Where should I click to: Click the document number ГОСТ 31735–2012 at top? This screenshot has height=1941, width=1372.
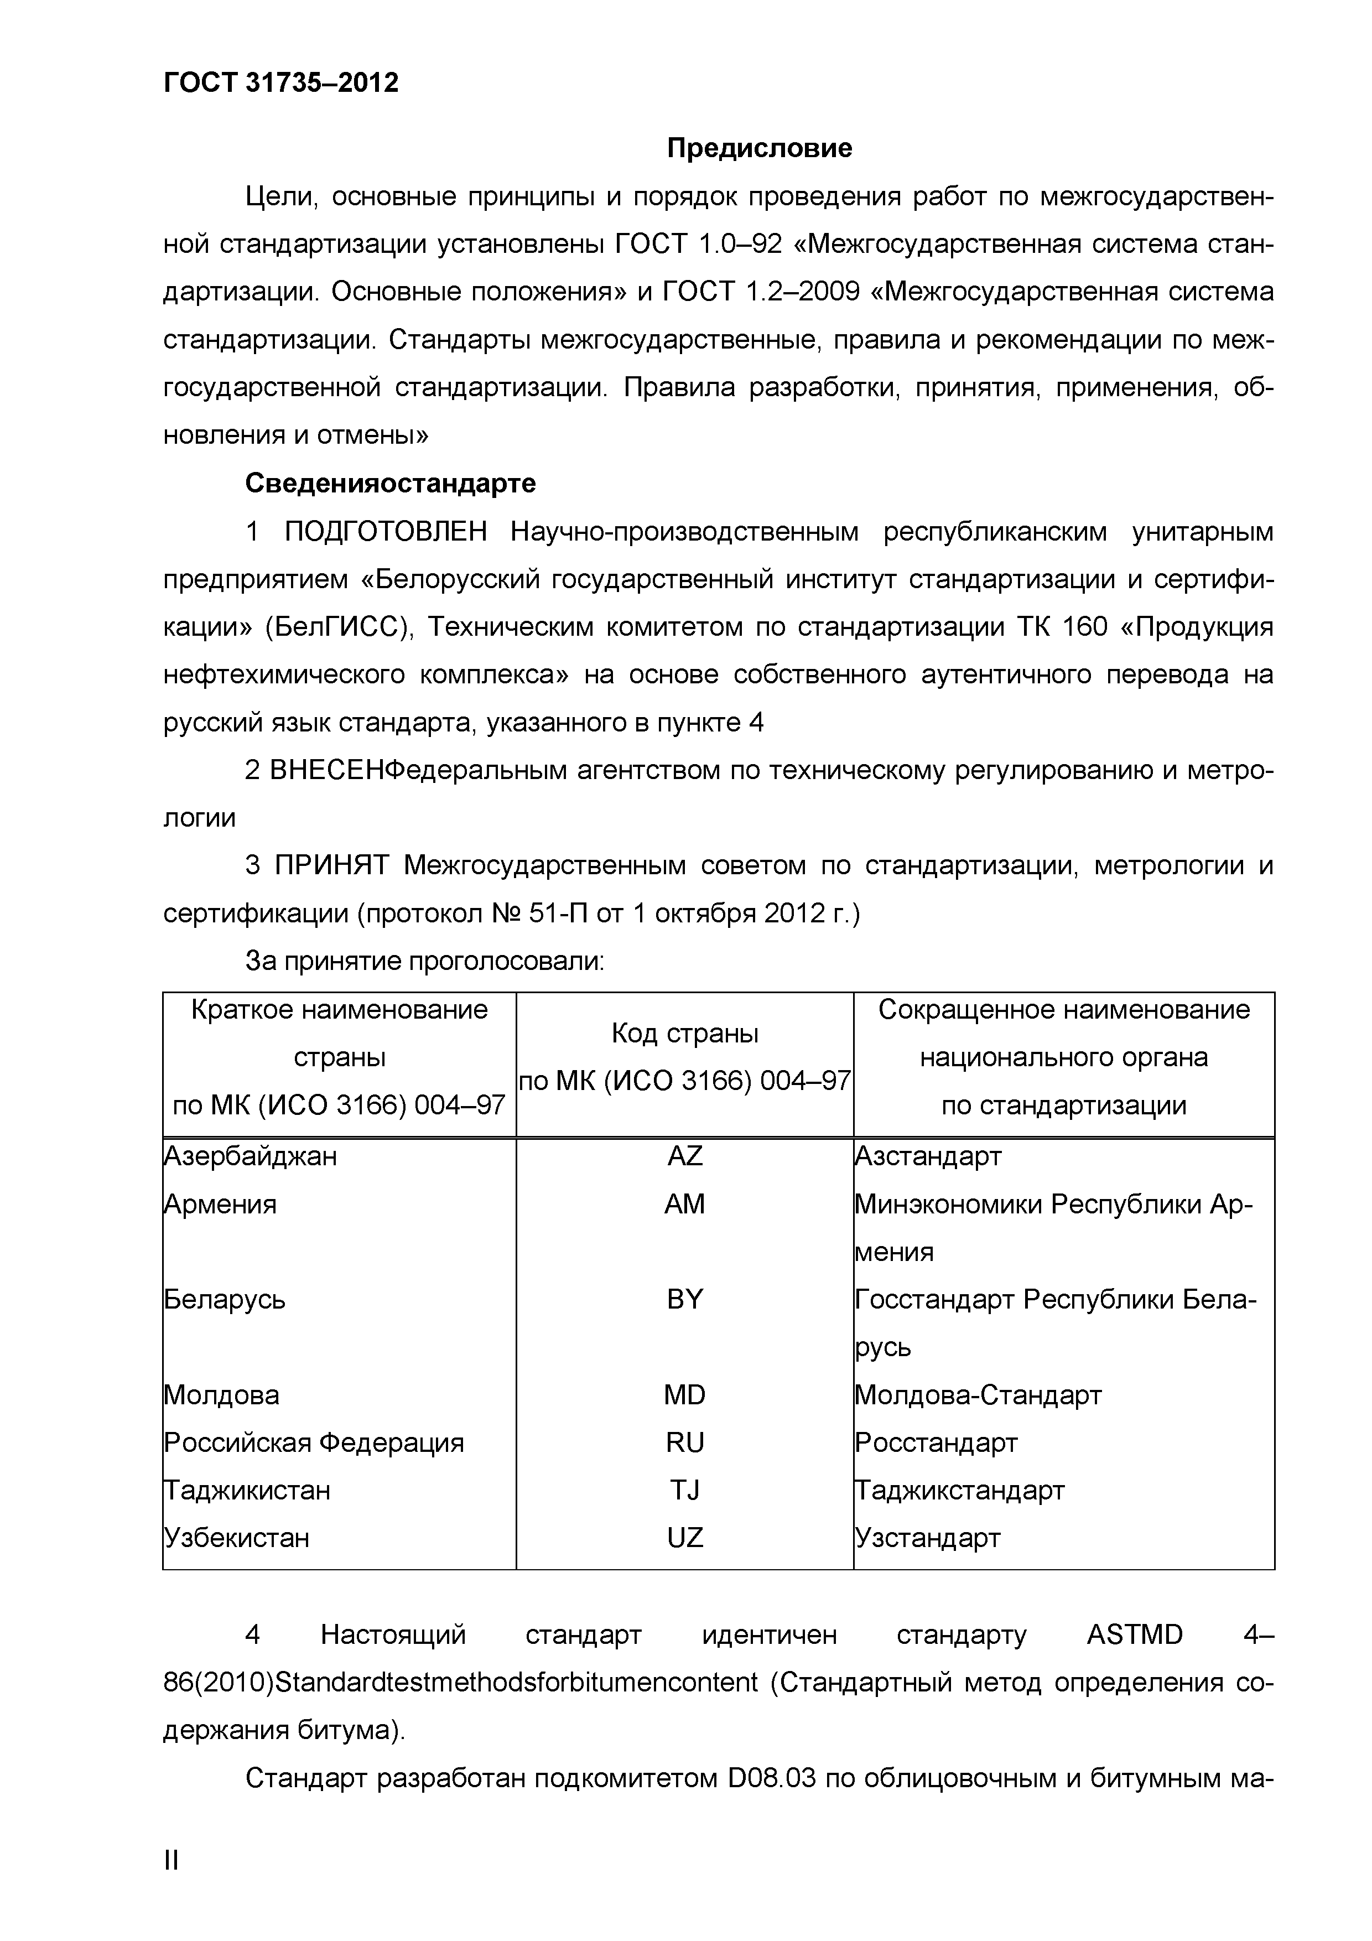280,82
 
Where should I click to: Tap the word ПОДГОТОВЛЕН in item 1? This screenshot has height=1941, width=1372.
386,531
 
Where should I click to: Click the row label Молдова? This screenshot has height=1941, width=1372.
221,1395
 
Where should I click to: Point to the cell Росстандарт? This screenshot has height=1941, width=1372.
936,1442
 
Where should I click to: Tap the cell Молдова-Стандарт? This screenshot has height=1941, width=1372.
978,1395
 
